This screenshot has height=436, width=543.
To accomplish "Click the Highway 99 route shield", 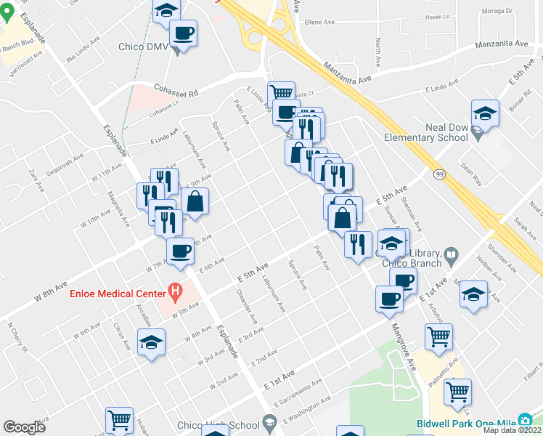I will (x=440, y=174).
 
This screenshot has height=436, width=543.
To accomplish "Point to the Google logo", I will (x=24, y=427).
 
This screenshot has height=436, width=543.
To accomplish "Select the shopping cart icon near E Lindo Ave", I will (x=280, y=93).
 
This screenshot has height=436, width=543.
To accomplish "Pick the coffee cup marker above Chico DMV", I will (x=183, y=32).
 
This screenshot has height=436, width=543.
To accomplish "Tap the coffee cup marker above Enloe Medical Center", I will (x=180, y=251).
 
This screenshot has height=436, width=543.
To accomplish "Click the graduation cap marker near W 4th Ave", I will (x=151, y=342).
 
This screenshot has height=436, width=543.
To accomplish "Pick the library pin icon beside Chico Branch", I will (x=452, y=254).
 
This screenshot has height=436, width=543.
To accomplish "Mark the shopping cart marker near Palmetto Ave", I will (x=457, y=391).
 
